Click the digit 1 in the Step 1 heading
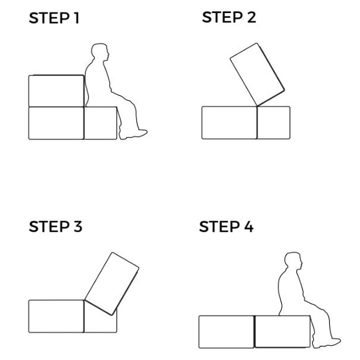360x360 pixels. (77, 18)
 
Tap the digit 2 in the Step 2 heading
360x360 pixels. (251, 17)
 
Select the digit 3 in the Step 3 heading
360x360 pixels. (78, 227)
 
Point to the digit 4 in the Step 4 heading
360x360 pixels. (249, 227)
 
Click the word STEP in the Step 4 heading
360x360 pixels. (219, 227)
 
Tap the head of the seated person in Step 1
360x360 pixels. (100, 52)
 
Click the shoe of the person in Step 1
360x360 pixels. (133, 134)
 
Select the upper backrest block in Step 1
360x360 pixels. (56, 91)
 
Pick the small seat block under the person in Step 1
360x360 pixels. (101, 123)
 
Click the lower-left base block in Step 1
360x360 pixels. (56, 123)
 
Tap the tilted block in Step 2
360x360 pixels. (257, 74)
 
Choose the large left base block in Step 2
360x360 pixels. (230, 123)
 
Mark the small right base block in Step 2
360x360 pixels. (273, 123)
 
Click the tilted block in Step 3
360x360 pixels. (112, 283)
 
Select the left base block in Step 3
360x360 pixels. (56, 316)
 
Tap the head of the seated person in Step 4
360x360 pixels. (294, 261)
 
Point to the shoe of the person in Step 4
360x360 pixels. (327, 343)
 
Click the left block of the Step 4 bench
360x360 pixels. (227, 332)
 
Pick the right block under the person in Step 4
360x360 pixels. (283, 332)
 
